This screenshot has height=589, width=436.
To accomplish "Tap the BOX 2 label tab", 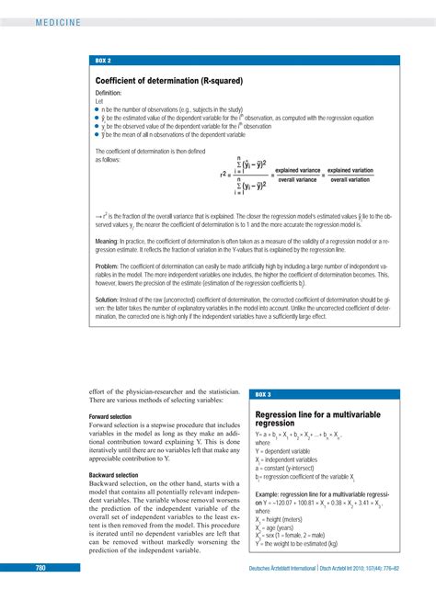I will click(x=103, y=60).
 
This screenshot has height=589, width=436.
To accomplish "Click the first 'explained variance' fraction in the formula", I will click(x=296, y=174).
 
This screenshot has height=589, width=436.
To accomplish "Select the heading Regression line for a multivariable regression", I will click(x=317, y=419).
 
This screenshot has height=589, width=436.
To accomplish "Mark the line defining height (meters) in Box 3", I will click(x=288, y=518).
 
